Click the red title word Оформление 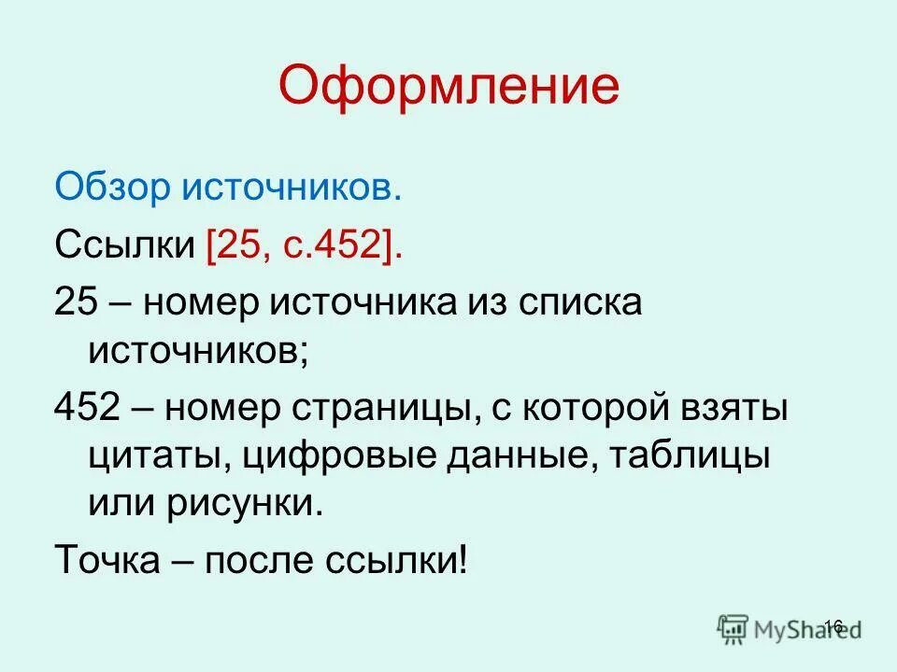(x=448, y=86)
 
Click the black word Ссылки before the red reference (x=124, y=245)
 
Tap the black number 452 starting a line (x=86, y=409)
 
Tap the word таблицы (x=701, y=457)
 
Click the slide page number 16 (x=834, y=625)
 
